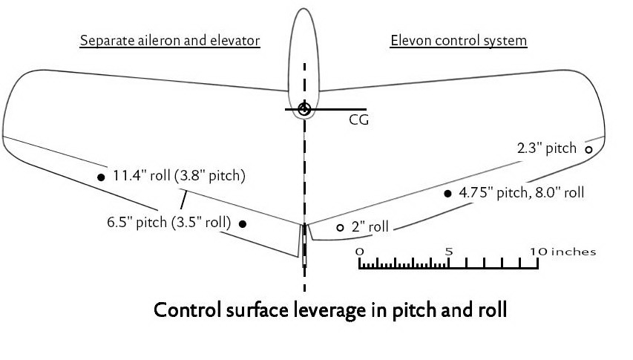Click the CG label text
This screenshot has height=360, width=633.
click(359, 120)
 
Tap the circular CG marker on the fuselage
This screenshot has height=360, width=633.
click(304, 110)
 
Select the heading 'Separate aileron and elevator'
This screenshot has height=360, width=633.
click(170, 41)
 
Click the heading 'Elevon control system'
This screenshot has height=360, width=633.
click(459, 41)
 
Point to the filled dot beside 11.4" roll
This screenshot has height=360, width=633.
click(101, 177)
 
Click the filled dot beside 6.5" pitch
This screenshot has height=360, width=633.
click(243, 223)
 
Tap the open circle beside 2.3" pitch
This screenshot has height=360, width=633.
click(588, 149)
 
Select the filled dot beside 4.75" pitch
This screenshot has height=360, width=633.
click(447, 193)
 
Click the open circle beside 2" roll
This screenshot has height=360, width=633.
click(340, 228)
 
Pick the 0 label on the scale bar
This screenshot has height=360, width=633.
click(360, 252)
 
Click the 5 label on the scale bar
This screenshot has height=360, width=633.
click(448, 252)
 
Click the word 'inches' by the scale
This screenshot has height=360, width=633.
click(573, 252)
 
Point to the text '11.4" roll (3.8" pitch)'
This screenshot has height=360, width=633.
click(179, 177)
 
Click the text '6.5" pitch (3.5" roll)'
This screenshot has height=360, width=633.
click(168, 222)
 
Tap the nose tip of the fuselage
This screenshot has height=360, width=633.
click(304, 10)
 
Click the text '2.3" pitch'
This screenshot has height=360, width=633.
click(547, 148)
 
